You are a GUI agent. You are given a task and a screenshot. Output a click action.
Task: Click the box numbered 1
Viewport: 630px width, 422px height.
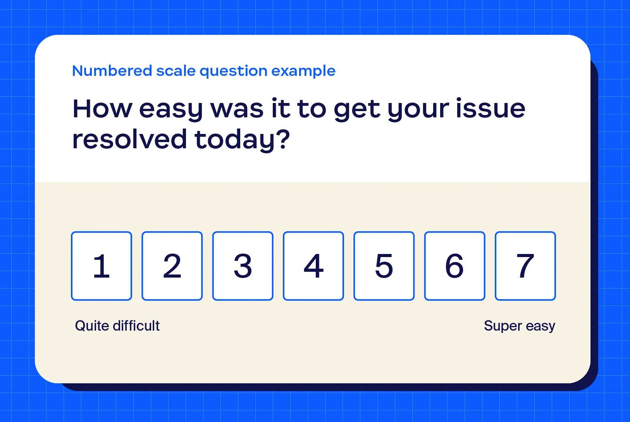point(102,266)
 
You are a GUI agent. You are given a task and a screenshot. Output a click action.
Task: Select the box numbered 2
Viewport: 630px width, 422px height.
point(172,266)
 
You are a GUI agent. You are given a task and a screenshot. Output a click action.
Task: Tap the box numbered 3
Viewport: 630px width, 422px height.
point(243,266)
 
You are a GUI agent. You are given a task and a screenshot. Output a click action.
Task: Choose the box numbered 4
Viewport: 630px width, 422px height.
point(313,266)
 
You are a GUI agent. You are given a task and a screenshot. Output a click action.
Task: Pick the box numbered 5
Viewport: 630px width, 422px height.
point(384,266)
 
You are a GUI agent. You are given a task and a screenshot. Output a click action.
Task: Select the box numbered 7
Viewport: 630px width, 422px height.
point(525,266)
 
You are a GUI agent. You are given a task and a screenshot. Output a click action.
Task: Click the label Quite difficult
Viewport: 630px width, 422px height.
point(117,326)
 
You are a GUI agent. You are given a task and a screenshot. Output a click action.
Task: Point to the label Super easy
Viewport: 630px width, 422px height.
point(520,326)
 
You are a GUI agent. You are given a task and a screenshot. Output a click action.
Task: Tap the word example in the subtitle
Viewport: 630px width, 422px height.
point(303,71)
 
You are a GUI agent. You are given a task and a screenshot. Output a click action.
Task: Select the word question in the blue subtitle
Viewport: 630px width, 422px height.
point(233,71)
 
